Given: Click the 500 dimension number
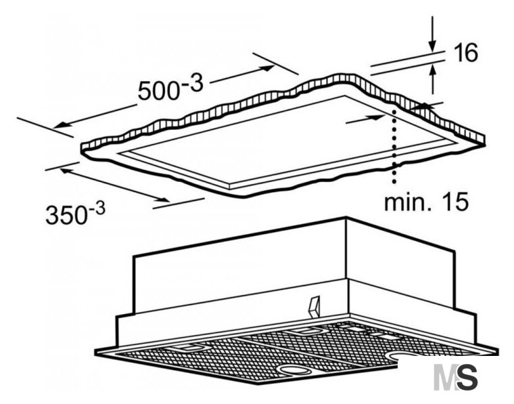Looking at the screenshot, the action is tap(158, 90).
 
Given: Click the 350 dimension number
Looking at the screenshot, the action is tap(66, 215).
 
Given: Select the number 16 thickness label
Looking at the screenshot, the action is tap(466, 53).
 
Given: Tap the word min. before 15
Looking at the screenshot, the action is tap(410, 202).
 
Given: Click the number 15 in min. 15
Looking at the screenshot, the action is tap(457, 202).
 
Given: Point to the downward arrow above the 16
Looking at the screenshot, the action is tap(433, 33).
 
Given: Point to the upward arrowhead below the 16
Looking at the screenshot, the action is tap(433, 70).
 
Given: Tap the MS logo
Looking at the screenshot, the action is tap(455, 378).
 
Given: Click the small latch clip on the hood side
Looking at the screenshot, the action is tap(314, 307).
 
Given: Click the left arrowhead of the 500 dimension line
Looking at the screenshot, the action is tap(62, 125).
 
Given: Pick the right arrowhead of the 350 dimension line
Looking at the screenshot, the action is tap(163, 200).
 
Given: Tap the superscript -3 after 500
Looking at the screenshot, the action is tap(193, 83).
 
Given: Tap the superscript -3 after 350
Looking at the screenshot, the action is tap(97, 208).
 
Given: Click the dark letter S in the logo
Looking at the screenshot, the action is tap(467, 378).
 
